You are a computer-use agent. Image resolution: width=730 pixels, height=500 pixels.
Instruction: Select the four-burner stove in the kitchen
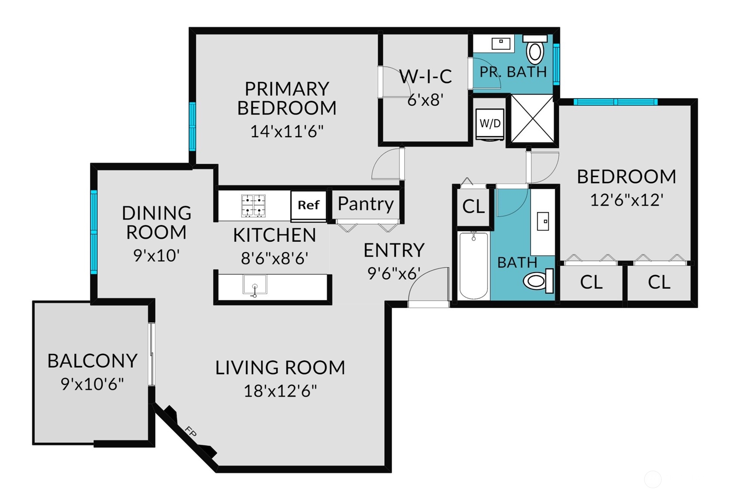[x=253, y=206]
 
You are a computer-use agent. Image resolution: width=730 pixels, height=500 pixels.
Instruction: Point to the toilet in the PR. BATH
[x=535, y=50]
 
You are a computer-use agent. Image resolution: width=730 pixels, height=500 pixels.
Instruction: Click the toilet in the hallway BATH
[x=538, y=281]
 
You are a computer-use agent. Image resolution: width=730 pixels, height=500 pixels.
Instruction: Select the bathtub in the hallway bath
[x=474, y=265]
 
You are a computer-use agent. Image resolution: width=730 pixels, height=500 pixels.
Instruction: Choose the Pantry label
[x=365, y=204]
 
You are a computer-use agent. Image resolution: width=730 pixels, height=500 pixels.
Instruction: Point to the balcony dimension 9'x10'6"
[x=92, y=384]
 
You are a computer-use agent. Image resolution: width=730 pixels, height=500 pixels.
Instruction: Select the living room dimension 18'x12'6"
[x=280, y=390]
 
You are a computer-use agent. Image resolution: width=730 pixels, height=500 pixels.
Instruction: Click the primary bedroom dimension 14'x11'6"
[x=287, y=131]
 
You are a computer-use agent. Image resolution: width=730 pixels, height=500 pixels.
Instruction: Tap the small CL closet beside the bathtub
[x=474, y=206]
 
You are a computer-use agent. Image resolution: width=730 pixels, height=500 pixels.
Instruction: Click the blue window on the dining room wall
[x=94, y=232]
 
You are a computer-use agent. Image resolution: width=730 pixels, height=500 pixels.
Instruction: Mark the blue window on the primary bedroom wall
[x=193, y=127]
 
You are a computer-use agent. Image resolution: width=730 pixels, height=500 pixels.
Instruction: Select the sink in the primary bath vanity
[x=501, y=44]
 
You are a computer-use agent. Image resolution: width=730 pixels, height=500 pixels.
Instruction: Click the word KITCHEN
[x=274, y=235]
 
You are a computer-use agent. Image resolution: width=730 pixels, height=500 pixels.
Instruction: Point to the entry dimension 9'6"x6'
[x=394, y=273]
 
